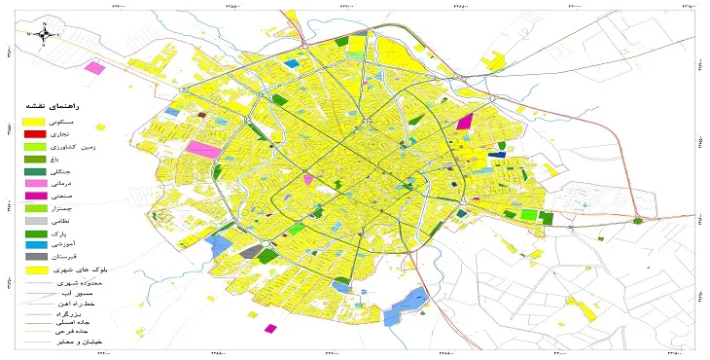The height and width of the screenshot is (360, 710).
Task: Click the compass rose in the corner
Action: click(44, 34)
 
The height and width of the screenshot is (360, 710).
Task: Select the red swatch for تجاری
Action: click(35, 132)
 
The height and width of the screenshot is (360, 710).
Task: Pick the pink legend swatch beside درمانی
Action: click(35, 183)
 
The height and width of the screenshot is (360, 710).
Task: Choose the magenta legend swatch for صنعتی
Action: click(35, 196)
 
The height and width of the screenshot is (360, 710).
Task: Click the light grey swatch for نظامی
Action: click(35, 221)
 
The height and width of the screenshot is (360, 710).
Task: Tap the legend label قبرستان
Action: click(84, 257)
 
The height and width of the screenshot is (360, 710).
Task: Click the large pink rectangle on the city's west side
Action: click(204, 150)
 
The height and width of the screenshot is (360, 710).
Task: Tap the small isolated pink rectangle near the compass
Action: click(94, 68)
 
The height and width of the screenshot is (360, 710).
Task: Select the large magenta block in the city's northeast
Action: click(464, 123)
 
